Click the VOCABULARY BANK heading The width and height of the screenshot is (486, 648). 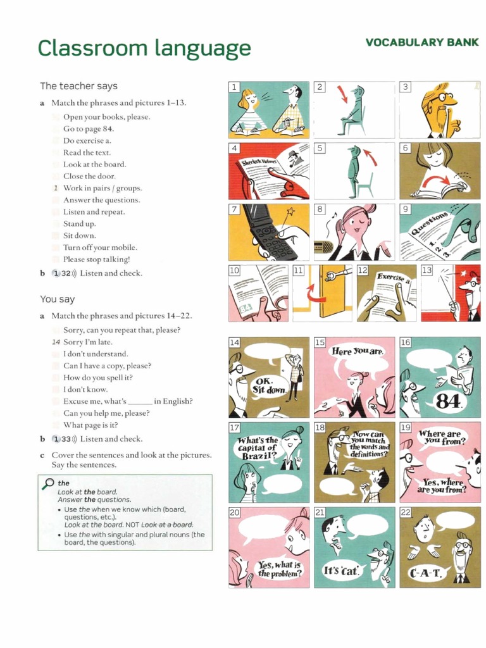422,42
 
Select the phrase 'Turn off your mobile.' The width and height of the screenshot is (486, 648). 100,247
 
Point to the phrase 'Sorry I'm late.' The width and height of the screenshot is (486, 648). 88,342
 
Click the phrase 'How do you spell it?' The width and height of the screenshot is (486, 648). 98,377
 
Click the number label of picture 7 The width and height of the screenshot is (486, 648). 234,209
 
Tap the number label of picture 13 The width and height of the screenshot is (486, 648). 427,270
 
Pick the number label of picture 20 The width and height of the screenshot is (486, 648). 234,513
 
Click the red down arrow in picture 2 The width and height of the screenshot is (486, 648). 342,96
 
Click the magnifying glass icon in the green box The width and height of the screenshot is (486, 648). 48,484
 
